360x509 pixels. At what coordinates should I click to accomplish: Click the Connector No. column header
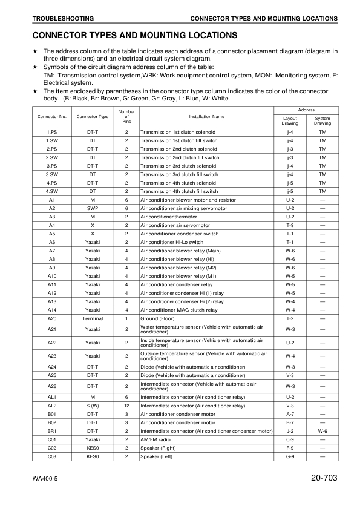(x=51, y=116)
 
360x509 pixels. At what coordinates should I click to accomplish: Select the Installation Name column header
(x=206, y=116)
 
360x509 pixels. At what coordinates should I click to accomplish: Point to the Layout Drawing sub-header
(x=290, y=120)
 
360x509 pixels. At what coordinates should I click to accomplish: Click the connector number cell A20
(x=51, y=318)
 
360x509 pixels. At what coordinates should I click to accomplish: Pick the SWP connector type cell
(x=93, y=208)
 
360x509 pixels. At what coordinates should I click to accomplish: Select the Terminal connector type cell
(x=93, y=318)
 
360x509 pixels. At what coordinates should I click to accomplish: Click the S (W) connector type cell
(x=93, y=406)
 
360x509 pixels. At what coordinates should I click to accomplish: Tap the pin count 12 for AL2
(x=126, y=406)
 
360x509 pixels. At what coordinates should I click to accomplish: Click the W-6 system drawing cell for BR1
(x=322, y=431)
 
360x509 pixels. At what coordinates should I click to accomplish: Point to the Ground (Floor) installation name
(x=159, y=318)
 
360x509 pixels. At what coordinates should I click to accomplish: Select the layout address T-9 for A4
(x=290, y=225)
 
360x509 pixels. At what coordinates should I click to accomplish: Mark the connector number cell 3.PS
(x=51, y=165)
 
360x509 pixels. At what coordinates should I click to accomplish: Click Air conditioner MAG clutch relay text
(x=178, y=309)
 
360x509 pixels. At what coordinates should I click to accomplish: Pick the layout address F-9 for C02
(x=290, y=448)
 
